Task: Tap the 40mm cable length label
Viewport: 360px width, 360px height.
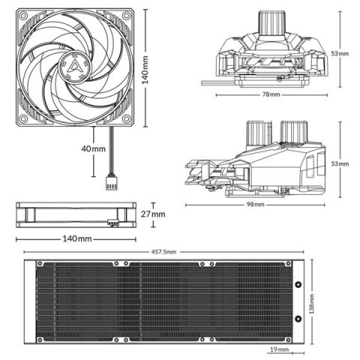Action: [x=94, y=148]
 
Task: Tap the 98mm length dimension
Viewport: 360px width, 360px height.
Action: [x=255, y=205]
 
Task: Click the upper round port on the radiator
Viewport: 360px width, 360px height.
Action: [x=298, y=286]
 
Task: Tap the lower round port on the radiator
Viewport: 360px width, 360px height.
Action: [x=298, y=320]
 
